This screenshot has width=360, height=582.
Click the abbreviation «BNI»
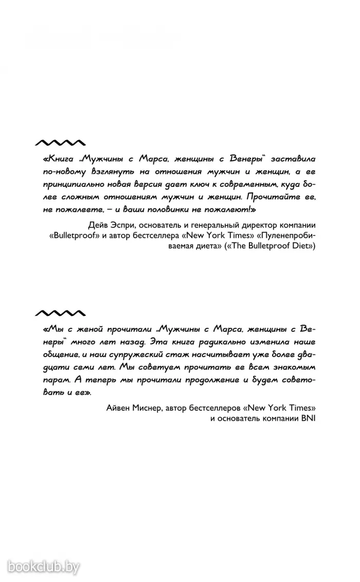click(307, 418)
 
